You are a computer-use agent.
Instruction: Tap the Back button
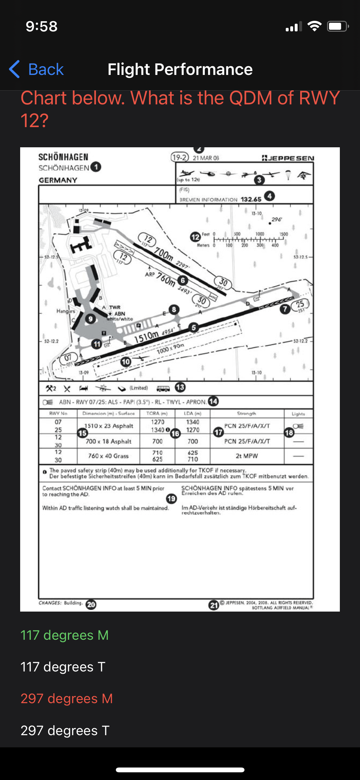coord(36,69)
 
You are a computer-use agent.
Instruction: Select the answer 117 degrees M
coord(64,635)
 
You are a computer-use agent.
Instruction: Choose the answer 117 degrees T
coord(63,667)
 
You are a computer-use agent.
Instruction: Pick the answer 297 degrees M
coord(67,698)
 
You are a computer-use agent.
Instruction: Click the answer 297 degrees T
coord(65,730)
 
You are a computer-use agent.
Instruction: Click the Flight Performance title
coord(180,69)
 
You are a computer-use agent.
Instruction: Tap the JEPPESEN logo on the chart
coord(288,158)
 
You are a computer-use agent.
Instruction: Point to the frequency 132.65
coord(251,199)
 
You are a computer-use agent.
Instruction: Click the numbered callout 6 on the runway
coord(183,280)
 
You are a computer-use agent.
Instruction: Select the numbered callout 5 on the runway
coord(193,327)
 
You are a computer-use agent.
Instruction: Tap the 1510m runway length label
coord(147,337)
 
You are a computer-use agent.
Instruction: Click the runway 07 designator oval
coord(68,358)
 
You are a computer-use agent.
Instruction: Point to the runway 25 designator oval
coord(300,304)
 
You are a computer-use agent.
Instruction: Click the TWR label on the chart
coord(115,307)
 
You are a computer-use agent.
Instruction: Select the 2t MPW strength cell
coord(246,456)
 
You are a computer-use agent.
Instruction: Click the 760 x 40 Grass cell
coord(108,456)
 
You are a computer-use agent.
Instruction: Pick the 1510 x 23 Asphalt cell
coord(109,426)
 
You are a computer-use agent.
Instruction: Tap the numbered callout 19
coord(172,499)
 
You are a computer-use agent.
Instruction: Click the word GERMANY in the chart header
coord(58,180)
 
